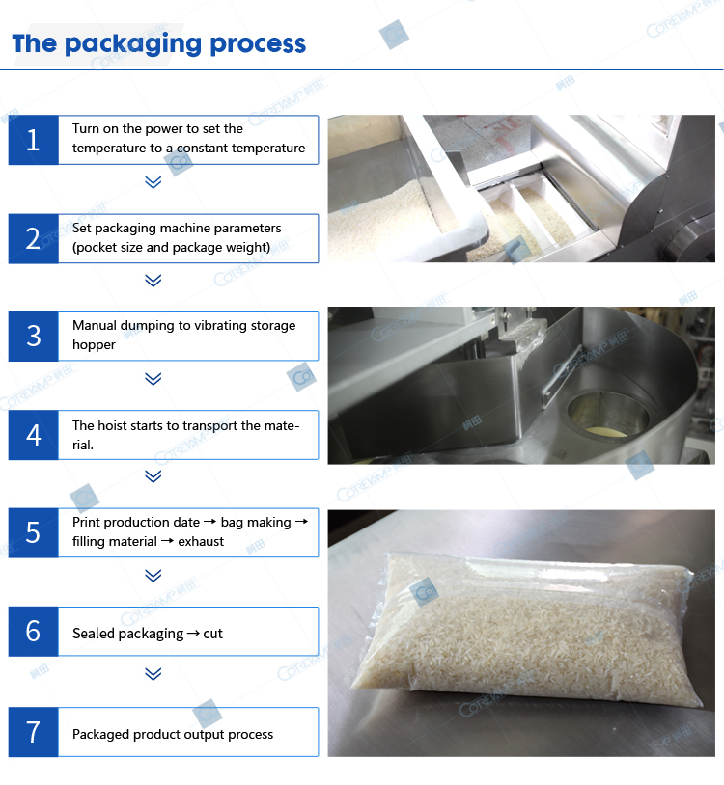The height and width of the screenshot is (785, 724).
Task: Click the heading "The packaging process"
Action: coord(159,44)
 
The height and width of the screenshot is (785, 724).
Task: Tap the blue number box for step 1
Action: coord(33,140)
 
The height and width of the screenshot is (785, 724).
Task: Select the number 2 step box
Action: coord(33,238)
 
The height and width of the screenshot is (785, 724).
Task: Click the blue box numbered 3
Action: coord(33,337)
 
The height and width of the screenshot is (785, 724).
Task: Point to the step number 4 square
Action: coord(33,435)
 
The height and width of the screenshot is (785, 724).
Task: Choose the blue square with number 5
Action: coord(33,532)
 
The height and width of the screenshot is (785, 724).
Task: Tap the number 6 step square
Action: coord(33,632)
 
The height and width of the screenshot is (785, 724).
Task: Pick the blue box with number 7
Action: coord(33,732)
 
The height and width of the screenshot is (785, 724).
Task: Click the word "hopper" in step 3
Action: coord(94,345)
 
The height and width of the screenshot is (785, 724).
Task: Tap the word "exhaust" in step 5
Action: coord(201,542)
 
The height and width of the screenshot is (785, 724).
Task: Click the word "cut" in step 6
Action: coord(213,634)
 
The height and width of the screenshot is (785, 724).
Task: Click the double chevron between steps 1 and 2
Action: coord(153,181)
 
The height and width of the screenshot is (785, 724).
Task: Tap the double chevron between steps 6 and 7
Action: coord(153,674)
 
